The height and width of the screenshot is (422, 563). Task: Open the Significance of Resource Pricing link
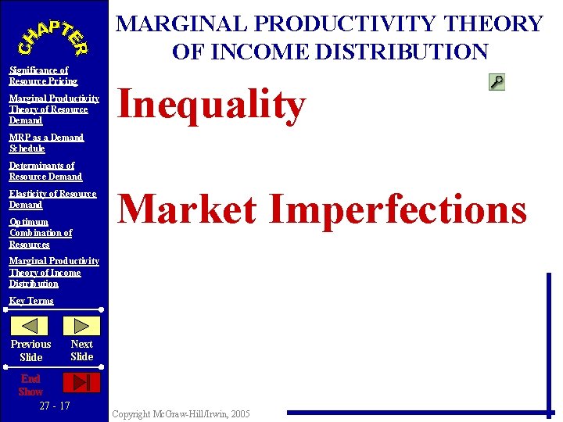pos(43,76)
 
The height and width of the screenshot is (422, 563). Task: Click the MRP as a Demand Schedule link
pos(46,143)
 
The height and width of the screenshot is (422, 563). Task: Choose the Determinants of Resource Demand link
pos(45,171)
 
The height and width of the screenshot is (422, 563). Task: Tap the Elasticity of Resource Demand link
pos(52,199)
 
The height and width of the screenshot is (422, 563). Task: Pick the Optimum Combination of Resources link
pos(41,233)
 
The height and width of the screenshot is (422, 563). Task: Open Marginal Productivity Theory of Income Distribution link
pos(53,272)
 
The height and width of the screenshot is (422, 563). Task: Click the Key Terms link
pos(31,301)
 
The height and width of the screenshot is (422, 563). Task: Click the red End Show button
pos(81,382)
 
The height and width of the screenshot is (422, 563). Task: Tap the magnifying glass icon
pos(496,81)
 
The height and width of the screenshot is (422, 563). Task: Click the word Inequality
pos(210,105)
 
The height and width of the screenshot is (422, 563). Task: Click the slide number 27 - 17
pos(54,406)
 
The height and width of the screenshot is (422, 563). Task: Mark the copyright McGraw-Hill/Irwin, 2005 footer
pos(181,413)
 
